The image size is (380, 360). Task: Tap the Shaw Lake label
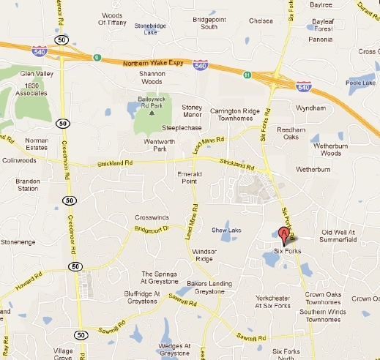(x=226, y=230)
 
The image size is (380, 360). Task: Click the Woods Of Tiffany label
(x=111, y=18)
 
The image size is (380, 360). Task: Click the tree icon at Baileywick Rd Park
(x=152, y=112)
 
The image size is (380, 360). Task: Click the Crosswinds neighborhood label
(x=152, y=218)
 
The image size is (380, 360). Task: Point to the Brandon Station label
(x=28, y=184)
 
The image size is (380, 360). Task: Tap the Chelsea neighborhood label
(x=261, y=20)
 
